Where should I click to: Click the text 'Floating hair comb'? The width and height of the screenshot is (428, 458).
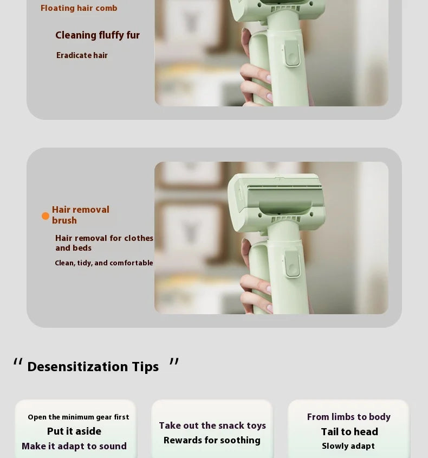79,8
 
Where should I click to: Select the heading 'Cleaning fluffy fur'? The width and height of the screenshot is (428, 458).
98,35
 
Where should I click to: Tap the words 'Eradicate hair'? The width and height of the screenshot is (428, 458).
82,55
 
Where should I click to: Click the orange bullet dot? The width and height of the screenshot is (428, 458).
46,216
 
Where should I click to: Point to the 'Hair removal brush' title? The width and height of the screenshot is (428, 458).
80,215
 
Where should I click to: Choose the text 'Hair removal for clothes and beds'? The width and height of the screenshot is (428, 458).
104,243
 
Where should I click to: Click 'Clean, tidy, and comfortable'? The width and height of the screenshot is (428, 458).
103,263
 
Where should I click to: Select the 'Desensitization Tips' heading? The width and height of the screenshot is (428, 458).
93,367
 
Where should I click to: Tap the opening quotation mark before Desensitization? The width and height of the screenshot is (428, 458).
18,362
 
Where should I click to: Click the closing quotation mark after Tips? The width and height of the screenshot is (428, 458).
174,362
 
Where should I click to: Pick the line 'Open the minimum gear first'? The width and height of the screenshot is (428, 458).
79,417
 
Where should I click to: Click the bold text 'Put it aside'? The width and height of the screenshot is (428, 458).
74,431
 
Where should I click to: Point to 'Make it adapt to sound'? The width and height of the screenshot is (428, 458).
74,446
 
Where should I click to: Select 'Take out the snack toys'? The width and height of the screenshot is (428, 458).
212,425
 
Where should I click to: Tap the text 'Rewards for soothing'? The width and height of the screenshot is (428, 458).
212,440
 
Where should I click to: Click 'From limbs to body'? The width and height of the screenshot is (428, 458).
349,417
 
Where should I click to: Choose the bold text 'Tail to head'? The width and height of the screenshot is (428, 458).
349,431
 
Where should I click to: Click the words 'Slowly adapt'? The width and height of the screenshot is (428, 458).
348,446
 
